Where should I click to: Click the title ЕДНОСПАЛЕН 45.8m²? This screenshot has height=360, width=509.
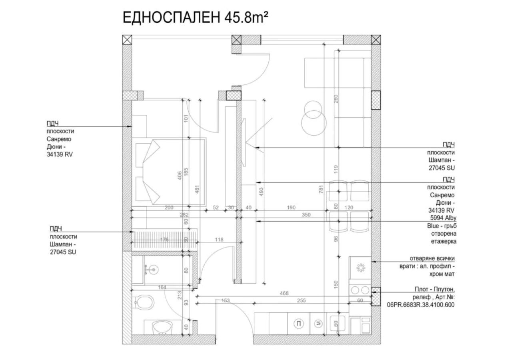195,18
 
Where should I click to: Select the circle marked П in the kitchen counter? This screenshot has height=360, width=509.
299,324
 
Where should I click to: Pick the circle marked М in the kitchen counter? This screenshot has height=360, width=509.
319,324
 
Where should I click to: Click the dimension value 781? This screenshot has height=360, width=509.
321,189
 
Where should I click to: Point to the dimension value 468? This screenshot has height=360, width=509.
284,293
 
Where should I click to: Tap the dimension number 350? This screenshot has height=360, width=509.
306,215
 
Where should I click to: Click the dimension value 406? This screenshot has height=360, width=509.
180,176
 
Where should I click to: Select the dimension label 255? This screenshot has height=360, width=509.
301,300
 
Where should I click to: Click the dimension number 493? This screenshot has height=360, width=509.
261,192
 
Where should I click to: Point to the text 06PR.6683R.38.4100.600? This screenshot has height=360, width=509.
421,305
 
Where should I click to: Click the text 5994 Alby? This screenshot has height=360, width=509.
443,218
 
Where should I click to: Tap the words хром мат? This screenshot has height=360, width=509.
442,274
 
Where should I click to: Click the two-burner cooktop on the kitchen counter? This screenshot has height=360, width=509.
360,290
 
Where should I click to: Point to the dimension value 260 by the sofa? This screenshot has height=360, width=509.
336,99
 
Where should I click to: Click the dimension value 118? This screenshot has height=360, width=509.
219,239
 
